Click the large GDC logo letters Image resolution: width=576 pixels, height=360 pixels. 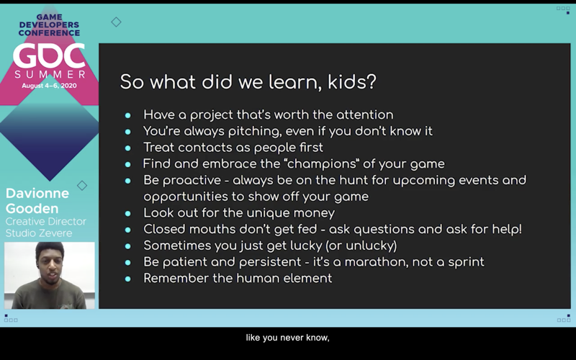click(x=49, y=56)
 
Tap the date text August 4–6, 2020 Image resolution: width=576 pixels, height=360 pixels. click(x=49, y=86)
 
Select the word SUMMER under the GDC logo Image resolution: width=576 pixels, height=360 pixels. click(x=50, y=75)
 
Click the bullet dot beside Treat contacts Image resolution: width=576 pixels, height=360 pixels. click(x=128, y=148)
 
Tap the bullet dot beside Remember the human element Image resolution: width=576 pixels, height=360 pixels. click(x=128, y=279)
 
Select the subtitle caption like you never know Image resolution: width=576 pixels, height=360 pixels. click(x=287, y=338)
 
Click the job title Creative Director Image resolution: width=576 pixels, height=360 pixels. click(x=46, y=222)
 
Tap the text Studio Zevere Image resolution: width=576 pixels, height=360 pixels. click(x=39, y=233)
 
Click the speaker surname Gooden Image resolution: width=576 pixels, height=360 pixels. click(x=32, y=209)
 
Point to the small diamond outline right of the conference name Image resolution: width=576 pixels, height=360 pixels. click(x=116, y=22)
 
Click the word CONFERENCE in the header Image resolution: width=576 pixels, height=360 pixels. click(x=49, y=33)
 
